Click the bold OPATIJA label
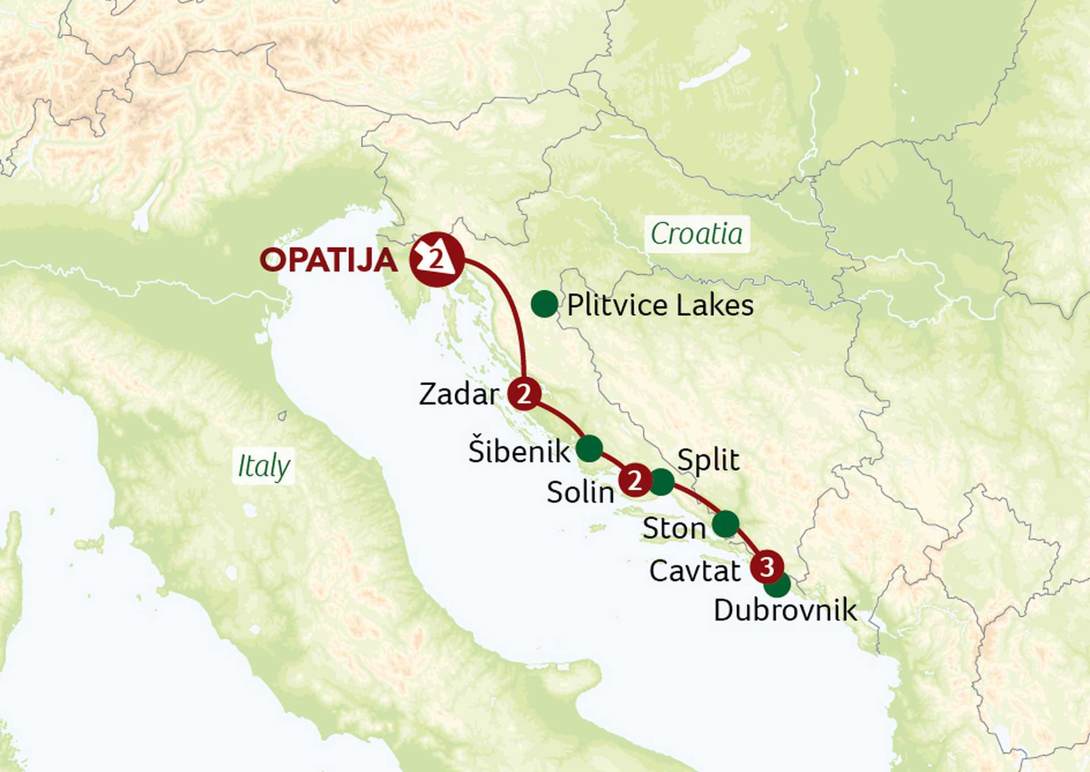[328, 260]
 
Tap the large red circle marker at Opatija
[437, 260]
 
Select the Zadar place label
[459, 394]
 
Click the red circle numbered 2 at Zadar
[523, 393]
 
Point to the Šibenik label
[518, 452]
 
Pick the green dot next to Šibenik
[589, 449]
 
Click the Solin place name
[580, 492]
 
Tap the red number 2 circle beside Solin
[635, 480]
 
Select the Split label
[708, 460]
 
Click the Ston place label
[674, 529]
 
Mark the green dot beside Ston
[726, 524]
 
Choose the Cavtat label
[695, 571]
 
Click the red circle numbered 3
[767, 566]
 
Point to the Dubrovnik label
[785, 611]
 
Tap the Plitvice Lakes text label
[660, 306]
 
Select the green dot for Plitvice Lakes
[544, 304]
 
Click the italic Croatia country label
[697, 234]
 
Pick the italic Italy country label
[263, 466]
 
